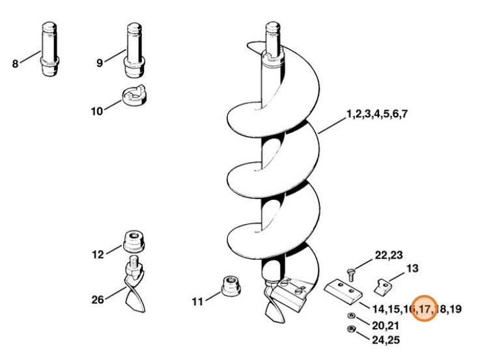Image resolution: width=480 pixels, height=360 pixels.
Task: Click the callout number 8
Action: click(x=15, y=64)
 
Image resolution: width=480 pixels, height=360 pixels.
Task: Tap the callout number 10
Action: click(x=96, y=111)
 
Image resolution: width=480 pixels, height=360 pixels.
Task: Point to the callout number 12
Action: click(x=98, y=255)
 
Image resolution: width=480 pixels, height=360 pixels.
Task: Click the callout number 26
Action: click(x=98, y=299)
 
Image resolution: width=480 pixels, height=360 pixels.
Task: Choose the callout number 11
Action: click(x=197, y=301)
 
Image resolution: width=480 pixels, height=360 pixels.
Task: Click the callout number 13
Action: click(x=412, y=268)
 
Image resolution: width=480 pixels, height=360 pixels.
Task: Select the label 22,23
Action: click(x=388, y=255)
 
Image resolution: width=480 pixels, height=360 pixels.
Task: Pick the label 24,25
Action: click(x=385, y=339)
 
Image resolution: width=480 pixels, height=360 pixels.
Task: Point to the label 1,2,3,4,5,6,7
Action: click(x=377, y=114)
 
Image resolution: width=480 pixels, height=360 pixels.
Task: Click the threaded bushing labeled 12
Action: click(x=134, y=243)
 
